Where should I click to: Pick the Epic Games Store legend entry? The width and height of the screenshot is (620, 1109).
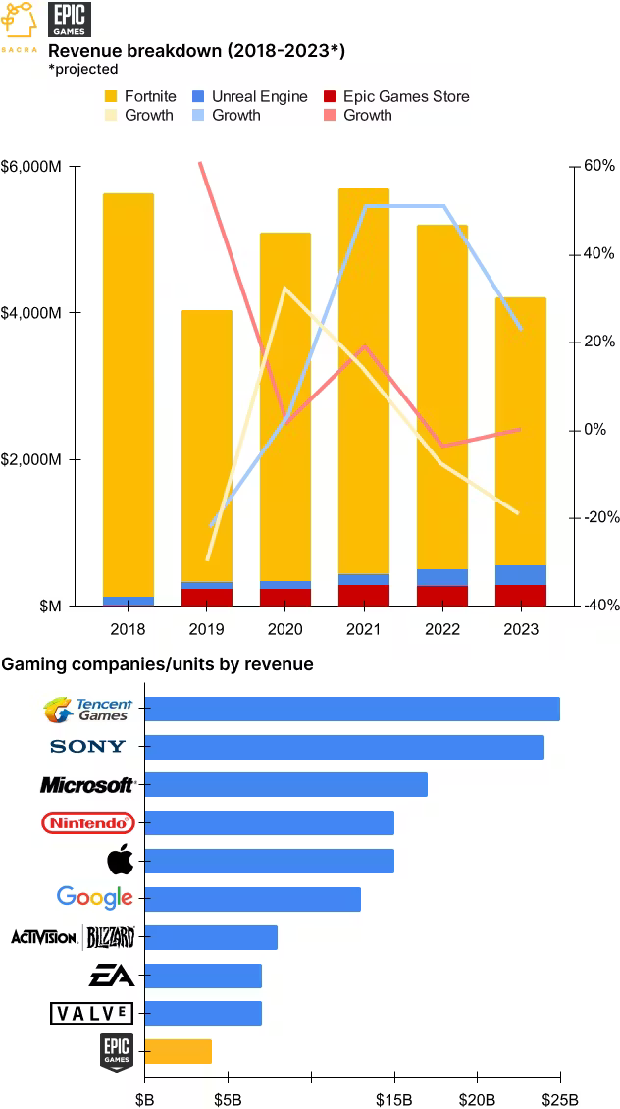pos(396,97)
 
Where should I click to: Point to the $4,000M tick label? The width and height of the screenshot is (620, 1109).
pos(32,313)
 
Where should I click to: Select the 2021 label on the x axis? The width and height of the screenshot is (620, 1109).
pos(363,629)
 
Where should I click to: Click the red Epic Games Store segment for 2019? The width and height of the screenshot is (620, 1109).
pos(206,597)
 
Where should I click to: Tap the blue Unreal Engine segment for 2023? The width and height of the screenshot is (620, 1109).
pos(520,575)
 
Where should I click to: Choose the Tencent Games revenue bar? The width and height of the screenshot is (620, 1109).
pos(352,709)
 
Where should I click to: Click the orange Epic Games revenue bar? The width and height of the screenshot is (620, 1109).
pos(179,1051)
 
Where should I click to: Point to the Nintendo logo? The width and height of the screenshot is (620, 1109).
pos(87,822)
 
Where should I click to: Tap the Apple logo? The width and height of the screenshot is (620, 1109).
pos(121,861)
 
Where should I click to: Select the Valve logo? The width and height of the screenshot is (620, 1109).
pos(92,1013)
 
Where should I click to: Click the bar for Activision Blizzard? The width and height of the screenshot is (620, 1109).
pos(211,937)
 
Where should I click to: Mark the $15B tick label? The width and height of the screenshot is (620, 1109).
pos(393,1100)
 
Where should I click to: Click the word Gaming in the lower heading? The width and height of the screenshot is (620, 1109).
pos(31,664)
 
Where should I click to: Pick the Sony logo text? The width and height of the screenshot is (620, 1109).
pos(87,746)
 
